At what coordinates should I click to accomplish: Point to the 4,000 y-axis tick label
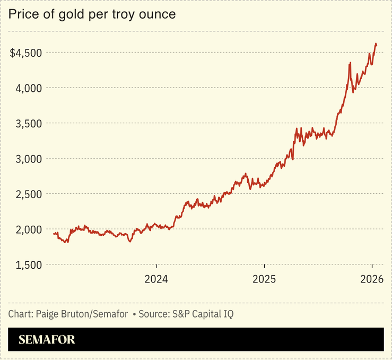pyautogui.click(x=28, y=88)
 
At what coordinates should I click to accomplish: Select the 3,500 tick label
pyautogui.click(x=28, y=123)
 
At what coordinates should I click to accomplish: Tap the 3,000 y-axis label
pyautogui.click(x=28, y=158)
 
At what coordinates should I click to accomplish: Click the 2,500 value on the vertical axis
pyautogui.click(x=28, y=194)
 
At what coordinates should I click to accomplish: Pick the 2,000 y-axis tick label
pyautogui.click(x=28, y=229)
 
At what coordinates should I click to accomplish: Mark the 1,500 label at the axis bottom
pyautogui.click(x=28, y=264)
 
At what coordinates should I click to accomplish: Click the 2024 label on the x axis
pyautogui.click(x=156, y=279)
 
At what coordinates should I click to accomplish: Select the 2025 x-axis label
pyautogui.click(x=264, y=279)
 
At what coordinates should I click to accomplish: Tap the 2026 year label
pyautogui.click(x=372, y=279)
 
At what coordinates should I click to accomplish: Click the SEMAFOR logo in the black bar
pyautogui.click(x=47, y=340)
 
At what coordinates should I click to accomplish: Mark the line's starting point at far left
pyautogui.click(x=54, y=234)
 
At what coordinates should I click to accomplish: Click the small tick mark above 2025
pyautogui.click(x=264, y=267)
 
